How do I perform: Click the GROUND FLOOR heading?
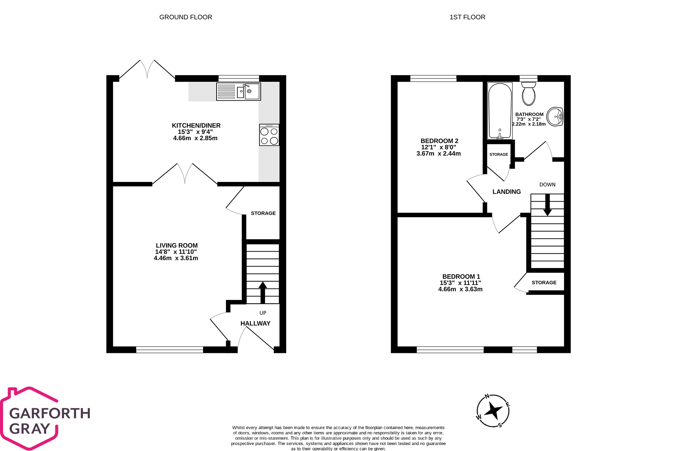[186, 17]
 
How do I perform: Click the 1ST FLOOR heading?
[467, 17]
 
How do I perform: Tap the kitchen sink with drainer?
[238, 91]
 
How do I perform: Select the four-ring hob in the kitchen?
[269, 135]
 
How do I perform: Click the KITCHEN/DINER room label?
[196, 126]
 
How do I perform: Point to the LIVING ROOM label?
[177, 246]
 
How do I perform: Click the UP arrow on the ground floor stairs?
[263, 292]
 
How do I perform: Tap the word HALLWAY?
[255, 323]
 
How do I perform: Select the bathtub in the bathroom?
[500, 111]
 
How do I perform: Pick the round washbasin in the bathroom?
[555, 116]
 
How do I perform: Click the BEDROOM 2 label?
[439, 141]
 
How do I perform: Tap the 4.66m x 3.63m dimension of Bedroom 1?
[460, 289]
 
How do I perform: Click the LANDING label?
[507, 192]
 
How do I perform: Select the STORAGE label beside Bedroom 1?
[544, 283]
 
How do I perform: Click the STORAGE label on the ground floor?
[263, 213]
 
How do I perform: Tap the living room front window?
[169, 350]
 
